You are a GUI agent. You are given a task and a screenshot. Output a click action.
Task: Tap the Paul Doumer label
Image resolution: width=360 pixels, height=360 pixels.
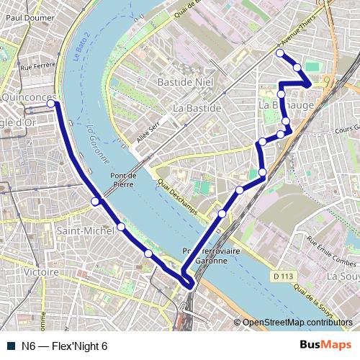(29, 14)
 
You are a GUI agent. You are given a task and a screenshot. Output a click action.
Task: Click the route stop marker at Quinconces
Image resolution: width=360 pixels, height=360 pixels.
(52, 104)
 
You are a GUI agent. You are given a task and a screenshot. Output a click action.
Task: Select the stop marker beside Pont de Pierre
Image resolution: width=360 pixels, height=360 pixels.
(95, 202)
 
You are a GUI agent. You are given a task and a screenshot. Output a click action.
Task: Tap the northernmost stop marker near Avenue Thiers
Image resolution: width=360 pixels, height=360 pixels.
(280, 53)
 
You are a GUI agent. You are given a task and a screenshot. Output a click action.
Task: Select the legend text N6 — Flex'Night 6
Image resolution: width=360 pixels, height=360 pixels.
(64, 346)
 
